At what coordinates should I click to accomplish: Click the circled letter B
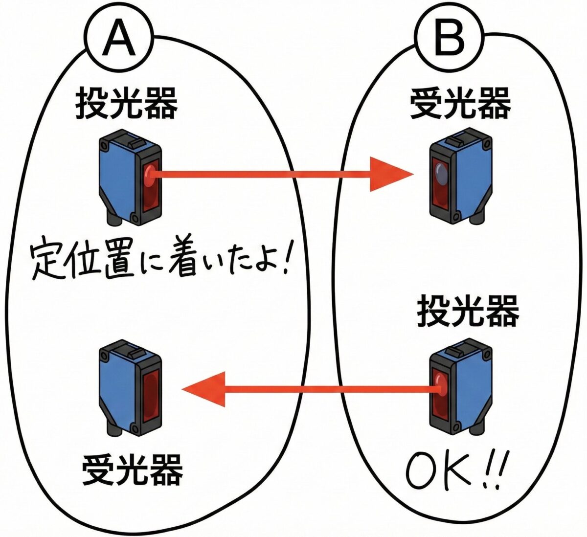click(x=449, y=38)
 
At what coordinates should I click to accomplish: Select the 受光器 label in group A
click(x=132, y=470)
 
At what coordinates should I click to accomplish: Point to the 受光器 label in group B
click(x=460, y=104)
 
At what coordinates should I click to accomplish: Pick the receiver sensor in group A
click(x=130, y=389)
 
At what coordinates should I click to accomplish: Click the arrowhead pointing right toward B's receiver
click(x=389, y=174)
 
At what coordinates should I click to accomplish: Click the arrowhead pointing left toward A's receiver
click(x=205, y=389)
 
